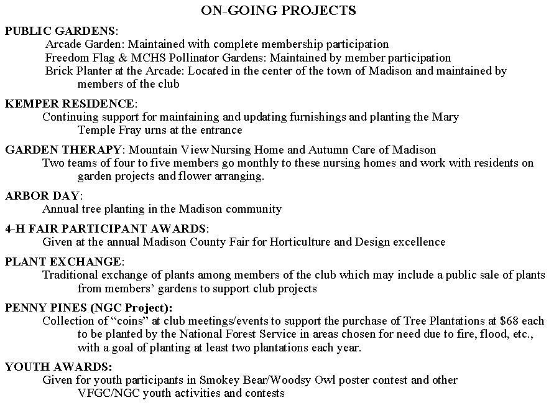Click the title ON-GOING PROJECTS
tap(279, 11)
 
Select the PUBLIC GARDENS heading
tap(60, 30)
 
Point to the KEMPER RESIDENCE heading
tap(70, 103)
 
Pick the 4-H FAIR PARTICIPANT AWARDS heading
tap(105, 229)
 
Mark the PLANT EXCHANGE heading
tap(63, 261)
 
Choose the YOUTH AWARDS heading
tap(58, 367)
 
